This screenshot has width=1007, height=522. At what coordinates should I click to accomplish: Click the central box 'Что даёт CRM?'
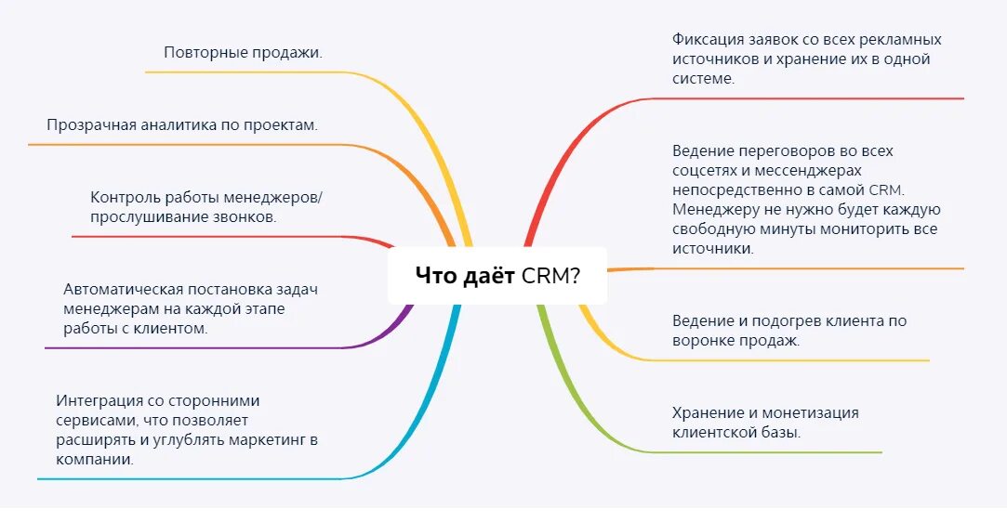(x=497, y=275)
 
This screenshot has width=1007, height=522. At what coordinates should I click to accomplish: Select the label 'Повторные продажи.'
(x=244, y=52)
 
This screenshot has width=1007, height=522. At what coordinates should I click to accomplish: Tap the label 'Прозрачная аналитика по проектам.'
(x=182, y=124)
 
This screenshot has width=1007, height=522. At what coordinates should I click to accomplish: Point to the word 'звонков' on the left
(x=245, y=217)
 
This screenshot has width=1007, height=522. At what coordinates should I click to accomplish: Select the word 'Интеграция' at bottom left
(x=98, y=400)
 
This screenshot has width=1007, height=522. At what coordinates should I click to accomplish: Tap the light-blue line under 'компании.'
(x=186, y=479)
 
